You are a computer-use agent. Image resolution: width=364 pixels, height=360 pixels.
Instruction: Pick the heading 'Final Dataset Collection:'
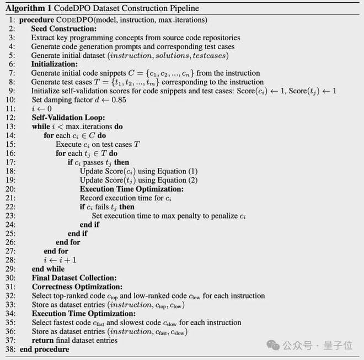coord(74,278)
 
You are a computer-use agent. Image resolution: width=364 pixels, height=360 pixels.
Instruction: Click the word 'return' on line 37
coord(43,340)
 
